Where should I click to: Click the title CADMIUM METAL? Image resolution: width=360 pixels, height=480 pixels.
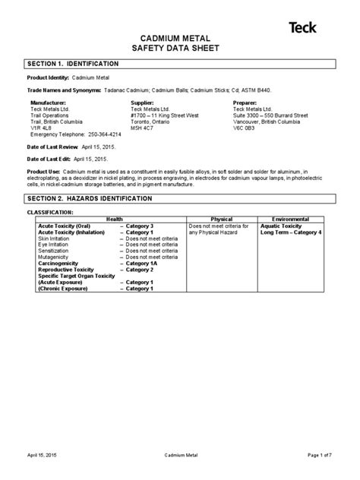(x=179, y=37)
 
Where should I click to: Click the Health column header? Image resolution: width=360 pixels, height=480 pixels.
(x=114, y=219)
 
